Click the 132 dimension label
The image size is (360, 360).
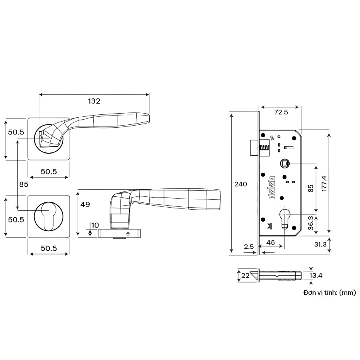coord(94,101)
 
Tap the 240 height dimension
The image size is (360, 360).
coord(241,184)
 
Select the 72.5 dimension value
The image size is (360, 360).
coord(281,112)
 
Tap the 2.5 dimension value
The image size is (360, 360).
coord(249,247)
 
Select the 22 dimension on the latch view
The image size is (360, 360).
coord(245,276)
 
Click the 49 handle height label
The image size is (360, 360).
coord(85,204)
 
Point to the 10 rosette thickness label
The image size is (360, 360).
coord(95,225)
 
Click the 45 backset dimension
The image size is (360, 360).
coord(270,242)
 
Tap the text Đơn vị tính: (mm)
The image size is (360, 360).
coord(329,293)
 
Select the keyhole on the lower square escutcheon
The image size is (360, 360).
coord(48,216)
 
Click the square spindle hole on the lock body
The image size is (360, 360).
coord(284,163)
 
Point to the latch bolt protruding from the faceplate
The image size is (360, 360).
coord(254,148)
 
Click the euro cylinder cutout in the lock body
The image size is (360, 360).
coord(284,218)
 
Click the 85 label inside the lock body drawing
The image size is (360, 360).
coord(310,188)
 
